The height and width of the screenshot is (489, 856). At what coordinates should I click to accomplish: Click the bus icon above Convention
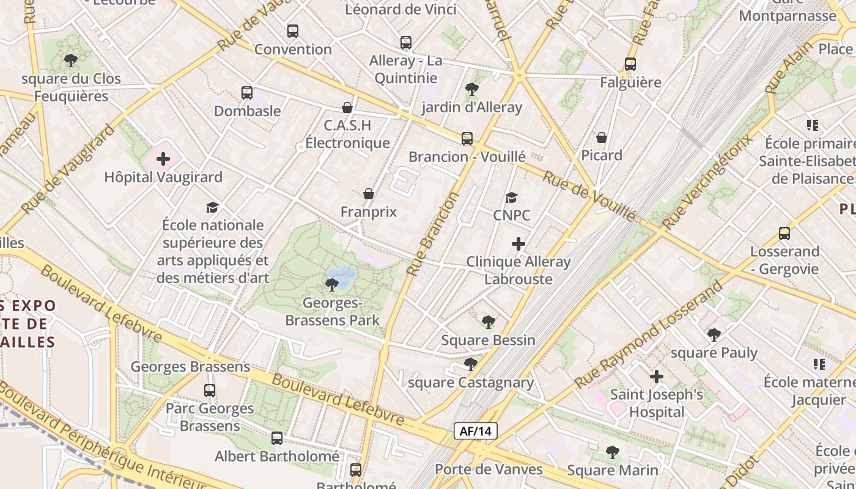coord(293,31)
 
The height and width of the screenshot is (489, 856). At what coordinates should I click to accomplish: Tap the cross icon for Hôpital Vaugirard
coord(163,160)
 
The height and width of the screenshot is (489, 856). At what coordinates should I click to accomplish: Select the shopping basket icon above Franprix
coord(369,194)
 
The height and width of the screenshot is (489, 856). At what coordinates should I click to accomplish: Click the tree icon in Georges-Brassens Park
coord(332,284)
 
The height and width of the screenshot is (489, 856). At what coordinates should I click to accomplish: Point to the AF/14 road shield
coord(476,431)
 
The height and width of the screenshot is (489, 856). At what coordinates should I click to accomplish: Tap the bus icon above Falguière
coord(630,64)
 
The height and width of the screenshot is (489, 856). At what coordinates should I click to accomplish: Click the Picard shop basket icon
coord(602,138)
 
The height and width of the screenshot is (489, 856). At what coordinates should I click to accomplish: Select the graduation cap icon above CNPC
coord(511,197)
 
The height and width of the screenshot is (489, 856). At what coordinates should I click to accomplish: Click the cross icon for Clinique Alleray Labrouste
coord(518,244)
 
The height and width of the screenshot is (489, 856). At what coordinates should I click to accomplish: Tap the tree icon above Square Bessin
coord(488,322)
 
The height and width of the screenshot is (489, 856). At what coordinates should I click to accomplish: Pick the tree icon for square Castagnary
coord(470,365)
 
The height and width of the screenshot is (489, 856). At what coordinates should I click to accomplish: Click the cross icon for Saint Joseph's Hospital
coord(657,377)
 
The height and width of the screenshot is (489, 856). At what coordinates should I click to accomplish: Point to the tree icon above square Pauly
coord(714,335)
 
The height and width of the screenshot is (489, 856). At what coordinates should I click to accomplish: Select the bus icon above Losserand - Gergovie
coord(784,233)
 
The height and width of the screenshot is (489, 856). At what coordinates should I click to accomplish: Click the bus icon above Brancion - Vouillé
coord(467,139)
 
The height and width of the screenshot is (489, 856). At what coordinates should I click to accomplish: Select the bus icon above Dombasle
coord(247,93)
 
